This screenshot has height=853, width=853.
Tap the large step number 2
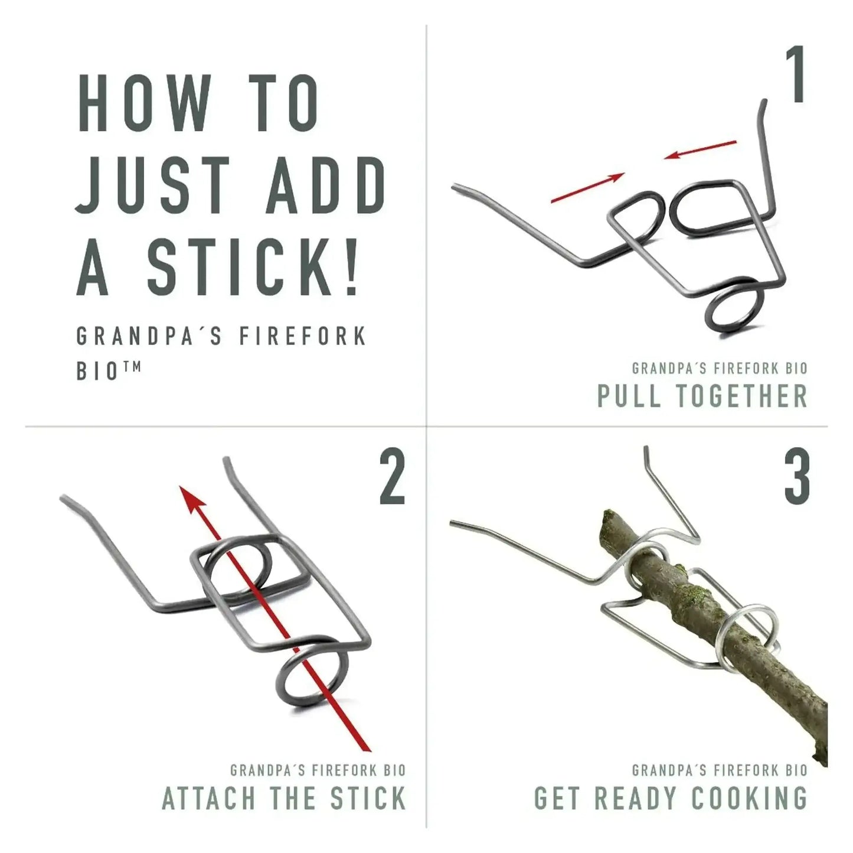tap(392, 477)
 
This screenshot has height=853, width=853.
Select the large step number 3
tap(798, 478)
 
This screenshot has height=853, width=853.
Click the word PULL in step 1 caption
tap(630, 396)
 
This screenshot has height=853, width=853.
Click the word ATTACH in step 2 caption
tap(209, 797)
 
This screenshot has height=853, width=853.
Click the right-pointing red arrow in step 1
tap(587, 188)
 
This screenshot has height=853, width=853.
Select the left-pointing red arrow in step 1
tap(700, 150)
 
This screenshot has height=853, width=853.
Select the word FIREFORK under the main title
tap(302, 336)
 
